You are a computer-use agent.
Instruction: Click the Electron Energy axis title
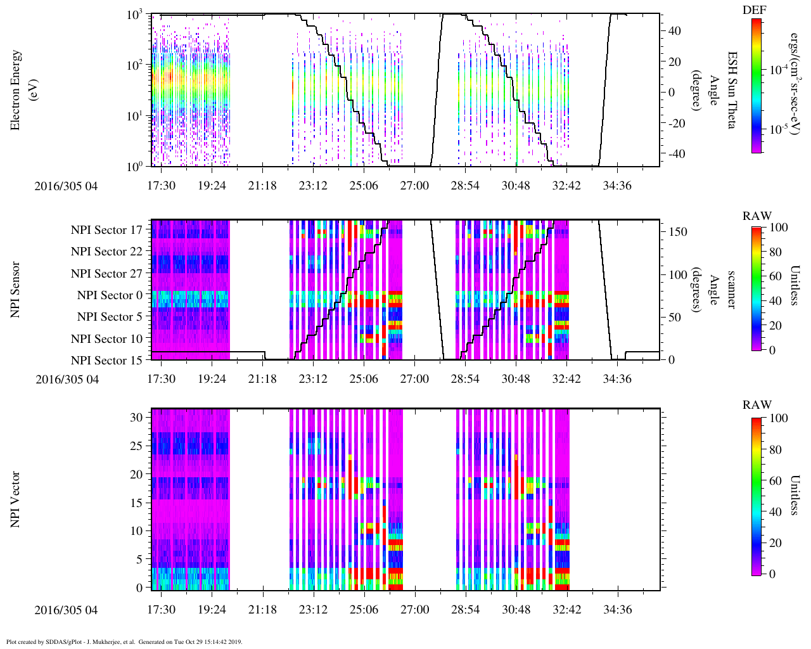[16, 90]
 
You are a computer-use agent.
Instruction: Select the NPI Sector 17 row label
[106, 230]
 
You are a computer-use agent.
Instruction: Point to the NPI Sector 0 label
[110, 295]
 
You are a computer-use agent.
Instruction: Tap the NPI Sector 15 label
[106, 361]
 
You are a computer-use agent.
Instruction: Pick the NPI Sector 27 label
[106, 274]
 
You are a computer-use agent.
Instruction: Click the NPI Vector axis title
[16, 499]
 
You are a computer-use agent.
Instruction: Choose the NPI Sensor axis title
[16, 289]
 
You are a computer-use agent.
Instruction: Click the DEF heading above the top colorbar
[753, 10]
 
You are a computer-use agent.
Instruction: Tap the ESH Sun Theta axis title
[732, 90]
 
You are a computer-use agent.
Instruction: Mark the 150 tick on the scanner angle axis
[679, 232]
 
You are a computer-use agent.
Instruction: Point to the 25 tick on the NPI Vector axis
[137, 446]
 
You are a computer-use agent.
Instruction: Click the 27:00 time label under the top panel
[414, 186]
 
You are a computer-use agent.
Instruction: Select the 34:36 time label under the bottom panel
[617, 610]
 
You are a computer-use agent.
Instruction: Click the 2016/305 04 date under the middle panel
[67, 380]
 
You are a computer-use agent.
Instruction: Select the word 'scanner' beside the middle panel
[732, 289]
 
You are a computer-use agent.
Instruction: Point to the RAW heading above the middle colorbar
[757, 216]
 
